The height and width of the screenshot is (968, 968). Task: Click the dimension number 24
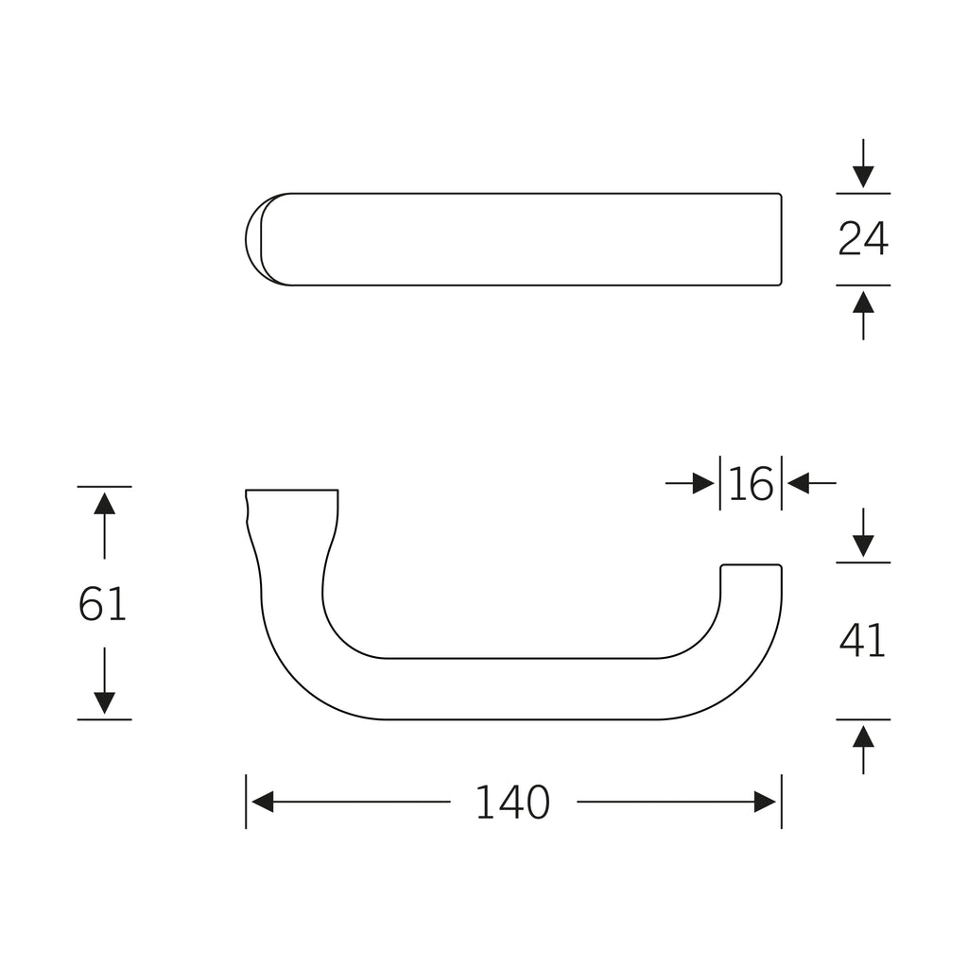click(x=863, y=239)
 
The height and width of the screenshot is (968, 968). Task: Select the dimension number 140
click(x=512, y=802)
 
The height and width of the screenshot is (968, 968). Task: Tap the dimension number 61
click(x=102, y=603)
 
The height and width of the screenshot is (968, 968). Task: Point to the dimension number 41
click(x=862, y=640)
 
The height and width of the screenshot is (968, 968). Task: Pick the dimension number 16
click(x=751, y=483)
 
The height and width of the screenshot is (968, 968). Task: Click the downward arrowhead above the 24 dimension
click(x=863, y=177)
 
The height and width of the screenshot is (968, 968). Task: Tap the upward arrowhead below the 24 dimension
click(x=863, y=302)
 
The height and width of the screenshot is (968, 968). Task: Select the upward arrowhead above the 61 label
click(x=104, y=504)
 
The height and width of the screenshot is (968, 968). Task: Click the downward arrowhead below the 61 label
click(x=104, y=702)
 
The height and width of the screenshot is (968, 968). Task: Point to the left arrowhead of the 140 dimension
click(x=263, y=802)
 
